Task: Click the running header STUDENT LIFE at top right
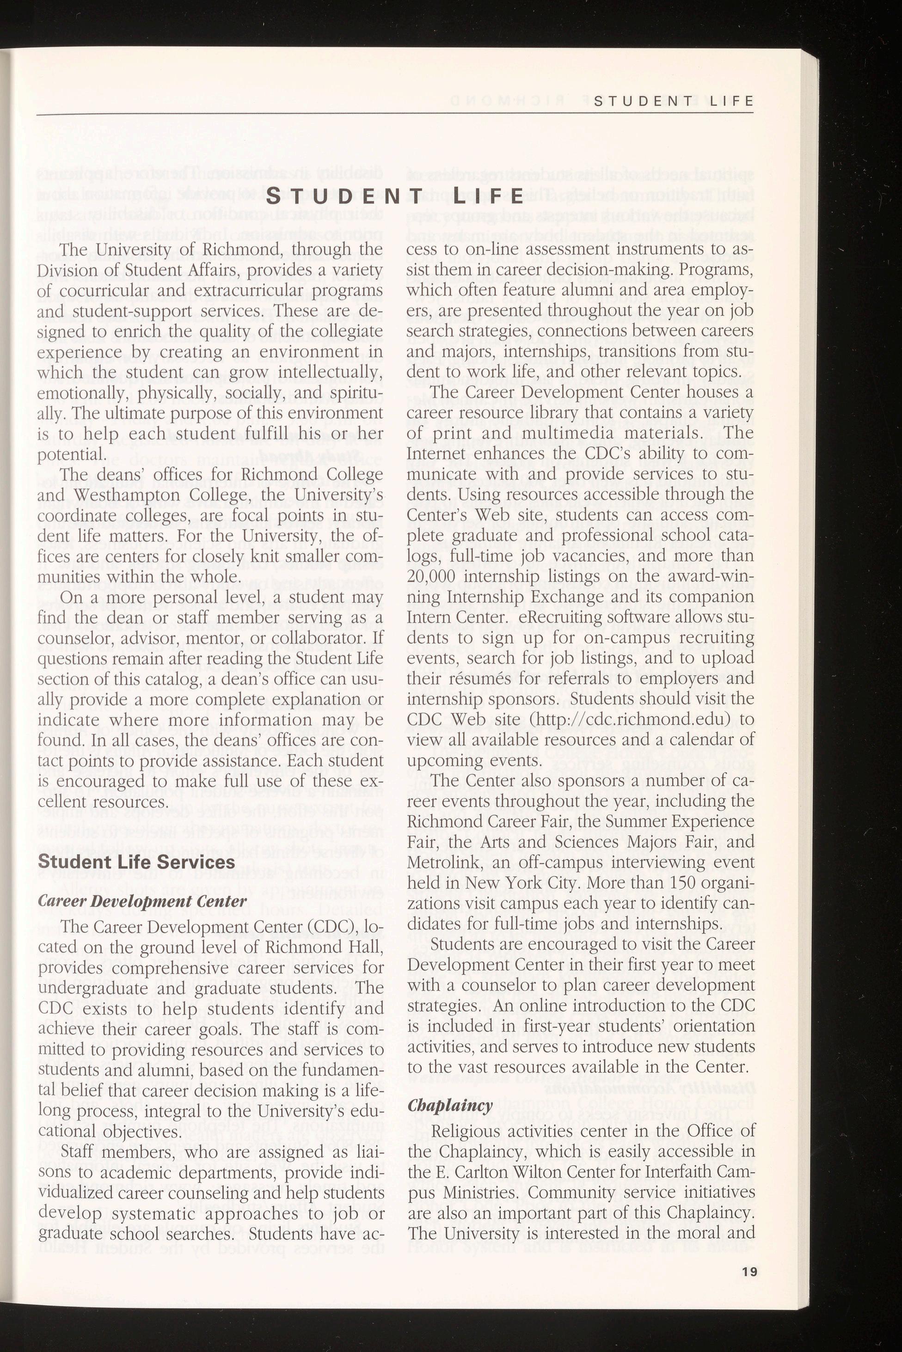point(673,102)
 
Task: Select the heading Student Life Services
point(136,862)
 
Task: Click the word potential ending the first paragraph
point(61,454)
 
